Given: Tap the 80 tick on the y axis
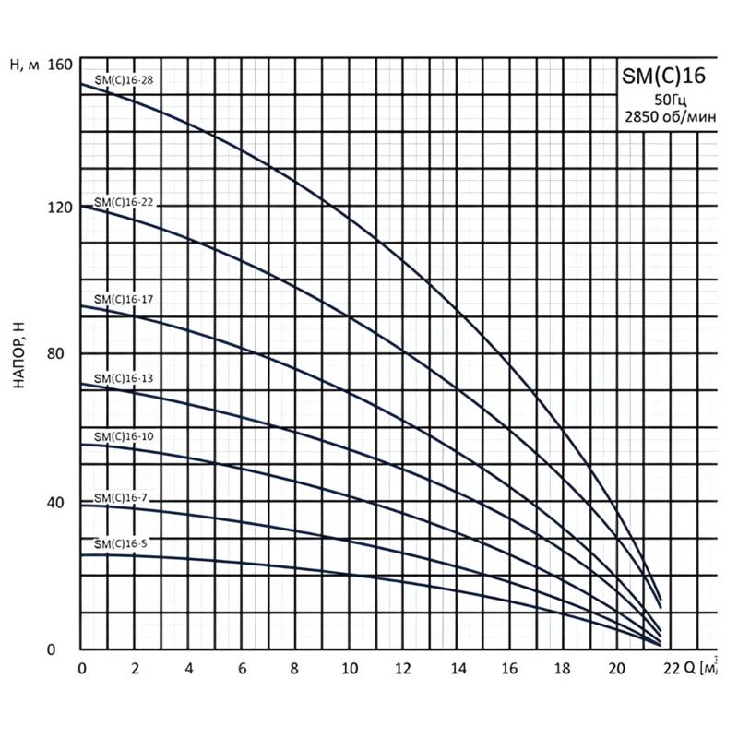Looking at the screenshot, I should tap(61, 354).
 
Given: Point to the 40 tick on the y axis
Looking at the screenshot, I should tap(61, 503).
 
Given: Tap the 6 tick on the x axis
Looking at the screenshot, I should tap(243, 668).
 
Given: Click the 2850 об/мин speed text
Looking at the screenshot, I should tap(669, 117).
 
